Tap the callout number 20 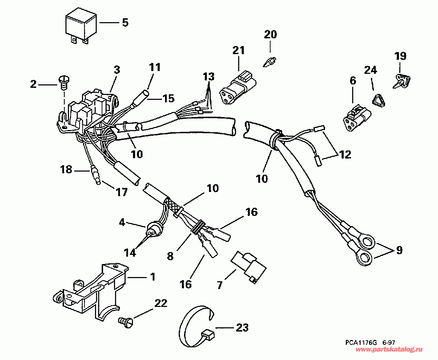[x=270, y=34]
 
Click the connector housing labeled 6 [x=356, y=116]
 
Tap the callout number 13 [x=208, y=77]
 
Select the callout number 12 [x=345, y=154]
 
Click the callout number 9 [x=399, y=250]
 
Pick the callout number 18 [x=66, y=169]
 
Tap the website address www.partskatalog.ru [x=389, y=350]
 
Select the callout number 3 [x=117, y=70]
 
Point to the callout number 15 [x=169, y=98]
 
